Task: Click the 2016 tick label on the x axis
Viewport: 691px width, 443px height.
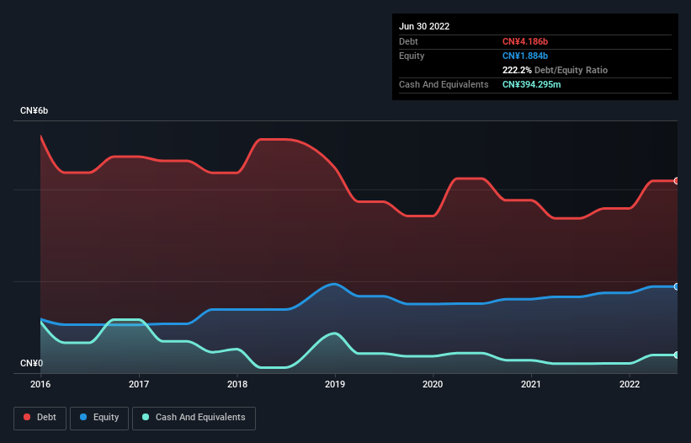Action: click(40, 385)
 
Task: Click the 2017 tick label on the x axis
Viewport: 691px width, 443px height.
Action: click(139, 385)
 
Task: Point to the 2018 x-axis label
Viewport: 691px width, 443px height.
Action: click(237, 385)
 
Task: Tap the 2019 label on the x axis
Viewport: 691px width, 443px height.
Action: click(335, 385)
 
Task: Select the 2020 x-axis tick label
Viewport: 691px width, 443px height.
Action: click(433, 385)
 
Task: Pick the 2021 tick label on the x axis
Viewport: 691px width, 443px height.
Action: click(531, 385)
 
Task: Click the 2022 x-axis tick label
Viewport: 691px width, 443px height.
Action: click(629, 385)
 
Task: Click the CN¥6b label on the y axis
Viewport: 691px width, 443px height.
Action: click(35, 111)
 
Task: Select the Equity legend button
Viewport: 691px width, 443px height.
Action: click(99, 418)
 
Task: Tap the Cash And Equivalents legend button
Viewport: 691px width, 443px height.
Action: click(194, 418)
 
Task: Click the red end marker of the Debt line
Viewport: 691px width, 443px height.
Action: click(676, 181)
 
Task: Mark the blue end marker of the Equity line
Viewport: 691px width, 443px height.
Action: click(676, 287)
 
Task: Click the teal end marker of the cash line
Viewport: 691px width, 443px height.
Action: click(676, 355)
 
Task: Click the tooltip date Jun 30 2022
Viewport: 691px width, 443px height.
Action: click(424, 26)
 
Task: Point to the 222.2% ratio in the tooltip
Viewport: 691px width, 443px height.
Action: click(517, 71)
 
